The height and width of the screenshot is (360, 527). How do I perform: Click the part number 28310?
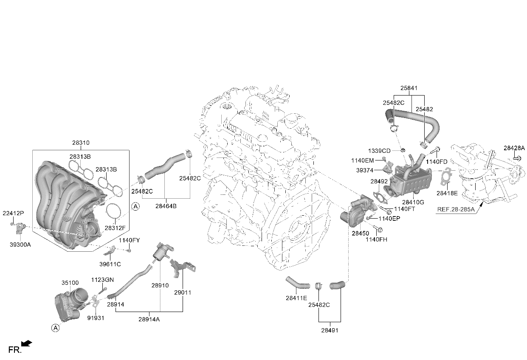[x=81, y=143]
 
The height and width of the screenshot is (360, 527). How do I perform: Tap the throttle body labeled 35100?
[x=70, y=304]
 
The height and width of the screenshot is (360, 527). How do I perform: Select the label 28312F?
[x=115, y=228]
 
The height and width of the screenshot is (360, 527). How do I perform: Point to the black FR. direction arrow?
[x=27, y=343]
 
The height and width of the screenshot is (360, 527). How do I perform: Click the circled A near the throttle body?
[x=55, y=328]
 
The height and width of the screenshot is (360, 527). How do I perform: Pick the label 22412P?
[x=13, y=213]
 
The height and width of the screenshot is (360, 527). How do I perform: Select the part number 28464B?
[x=166, y=206]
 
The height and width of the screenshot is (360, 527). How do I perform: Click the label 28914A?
[x=149, y=319]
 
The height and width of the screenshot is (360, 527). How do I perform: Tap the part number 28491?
[x=330, y=330]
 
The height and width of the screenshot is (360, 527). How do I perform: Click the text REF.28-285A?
[x=456, y=209]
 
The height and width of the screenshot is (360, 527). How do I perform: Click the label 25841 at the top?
[x=409, y=88]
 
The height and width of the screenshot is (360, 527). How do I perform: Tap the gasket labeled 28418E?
[x=446, y=176]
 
